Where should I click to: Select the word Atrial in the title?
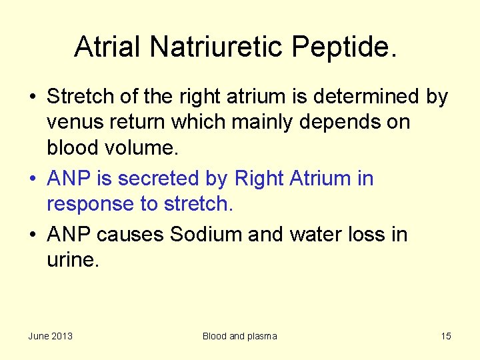(x=108, y=47)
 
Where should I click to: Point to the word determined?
(x=367, y=97)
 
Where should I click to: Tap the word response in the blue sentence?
(x=90, y=204)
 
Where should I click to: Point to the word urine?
(x=73, y=260)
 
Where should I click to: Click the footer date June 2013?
(x=51, y=336)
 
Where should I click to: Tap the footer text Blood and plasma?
(x=239, y=336)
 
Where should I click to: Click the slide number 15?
(x=445, y=336)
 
